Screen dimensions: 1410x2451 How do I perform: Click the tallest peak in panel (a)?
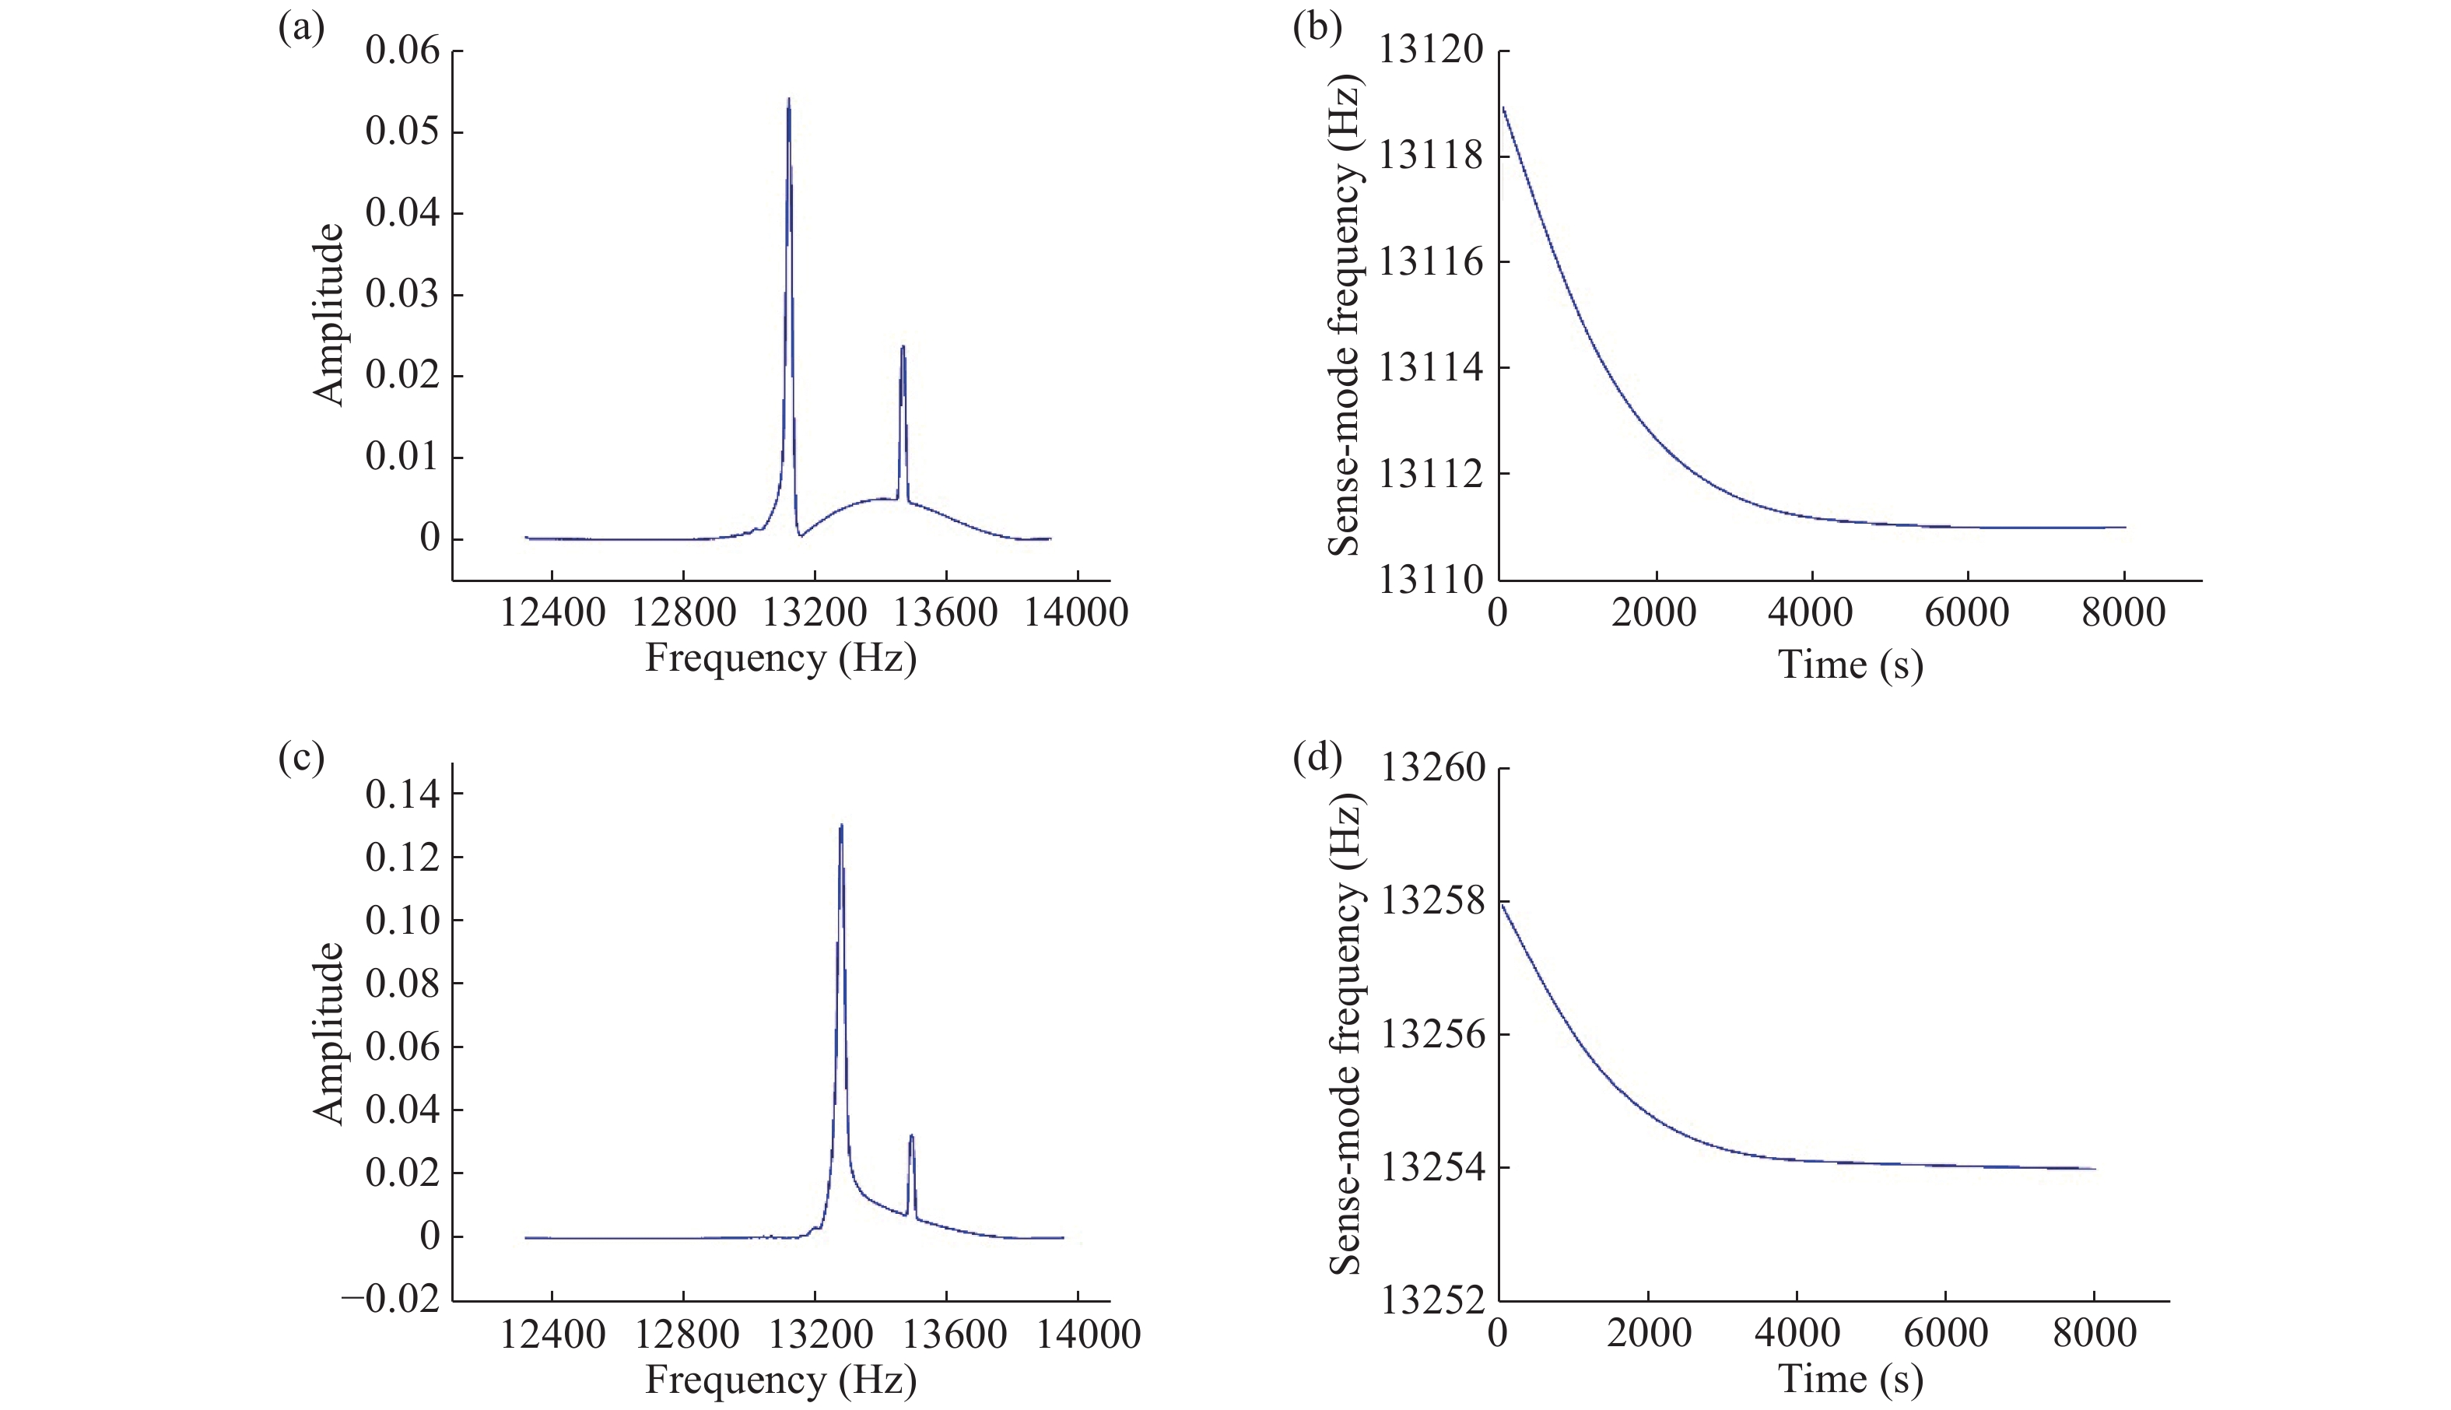pos(788,100)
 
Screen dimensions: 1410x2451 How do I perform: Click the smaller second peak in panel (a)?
pos(903,348)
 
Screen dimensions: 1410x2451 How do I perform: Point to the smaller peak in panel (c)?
pos(911,1137)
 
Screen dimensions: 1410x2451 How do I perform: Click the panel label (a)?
pos(301,28)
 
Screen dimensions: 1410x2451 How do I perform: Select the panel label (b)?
pos(1317,28)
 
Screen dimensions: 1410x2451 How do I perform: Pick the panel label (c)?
pos(301,757)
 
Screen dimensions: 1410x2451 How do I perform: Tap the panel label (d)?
pos(1317,757)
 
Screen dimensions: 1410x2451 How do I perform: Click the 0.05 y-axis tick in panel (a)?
pos(401,132)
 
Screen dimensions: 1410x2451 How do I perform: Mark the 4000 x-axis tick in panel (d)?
pos(1797,1334)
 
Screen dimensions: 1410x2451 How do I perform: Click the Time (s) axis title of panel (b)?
pos(1850,665)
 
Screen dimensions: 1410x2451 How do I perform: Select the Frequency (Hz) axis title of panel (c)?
pos(780,1379)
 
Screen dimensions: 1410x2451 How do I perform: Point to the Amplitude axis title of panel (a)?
pos(329,314)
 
